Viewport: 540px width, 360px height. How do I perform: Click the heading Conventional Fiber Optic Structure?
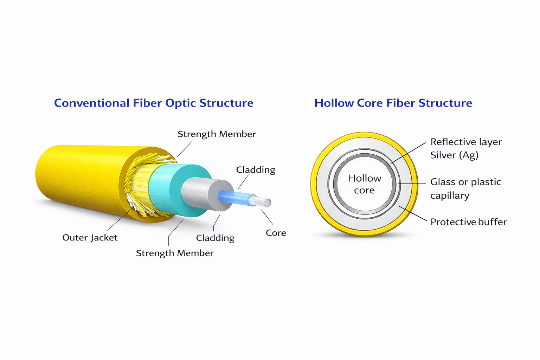[x=154, y=103]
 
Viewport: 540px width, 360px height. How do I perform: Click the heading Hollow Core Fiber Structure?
[x=393, y=103]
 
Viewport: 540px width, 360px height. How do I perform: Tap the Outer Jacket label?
[x=90, y=238]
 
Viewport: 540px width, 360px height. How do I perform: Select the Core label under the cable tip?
[x=276, y=233]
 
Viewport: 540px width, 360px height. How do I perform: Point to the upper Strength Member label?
[x=217, y=134]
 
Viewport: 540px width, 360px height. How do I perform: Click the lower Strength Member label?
[x=175, y=253]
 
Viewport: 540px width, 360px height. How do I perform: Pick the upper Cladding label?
[x=256, y=170]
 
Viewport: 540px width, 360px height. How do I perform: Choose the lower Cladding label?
[x=215, y=238]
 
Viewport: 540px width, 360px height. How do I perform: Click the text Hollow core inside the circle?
[x=365, y=184]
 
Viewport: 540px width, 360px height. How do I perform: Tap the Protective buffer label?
[x=468, y=222]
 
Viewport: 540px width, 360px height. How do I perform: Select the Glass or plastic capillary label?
[x=466, y=188]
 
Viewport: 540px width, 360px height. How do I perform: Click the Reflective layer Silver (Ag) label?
[x=466, y=148]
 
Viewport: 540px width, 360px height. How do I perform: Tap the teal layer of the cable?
[x=178, y=191]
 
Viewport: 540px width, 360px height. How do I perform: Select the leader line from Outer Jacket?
[x=120, y=219]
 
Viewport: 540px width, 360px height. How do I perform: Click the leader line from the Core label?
[x=267, y=217]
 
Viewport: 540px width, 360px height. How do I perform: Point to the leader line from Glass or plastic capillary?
[x=412, y=184]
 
